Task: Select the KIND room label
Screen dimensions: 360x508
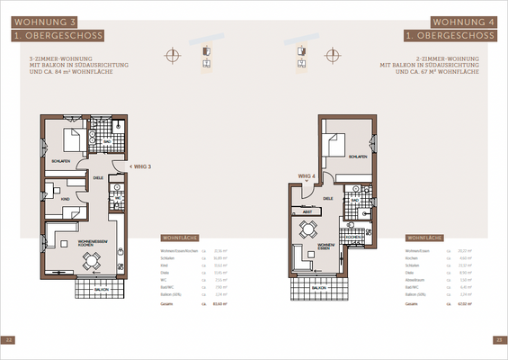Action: pos(65,199)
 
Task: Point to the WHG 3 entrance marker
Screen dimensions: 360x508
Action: pos(141,166)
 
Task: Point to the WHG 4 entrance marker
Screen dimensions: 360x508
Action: pos(306,177)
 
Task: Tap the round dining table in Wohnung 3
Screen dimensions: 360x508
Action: pos(90,261)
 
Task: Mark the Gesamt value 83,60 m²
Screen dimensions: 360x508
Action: pos(204,304)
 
